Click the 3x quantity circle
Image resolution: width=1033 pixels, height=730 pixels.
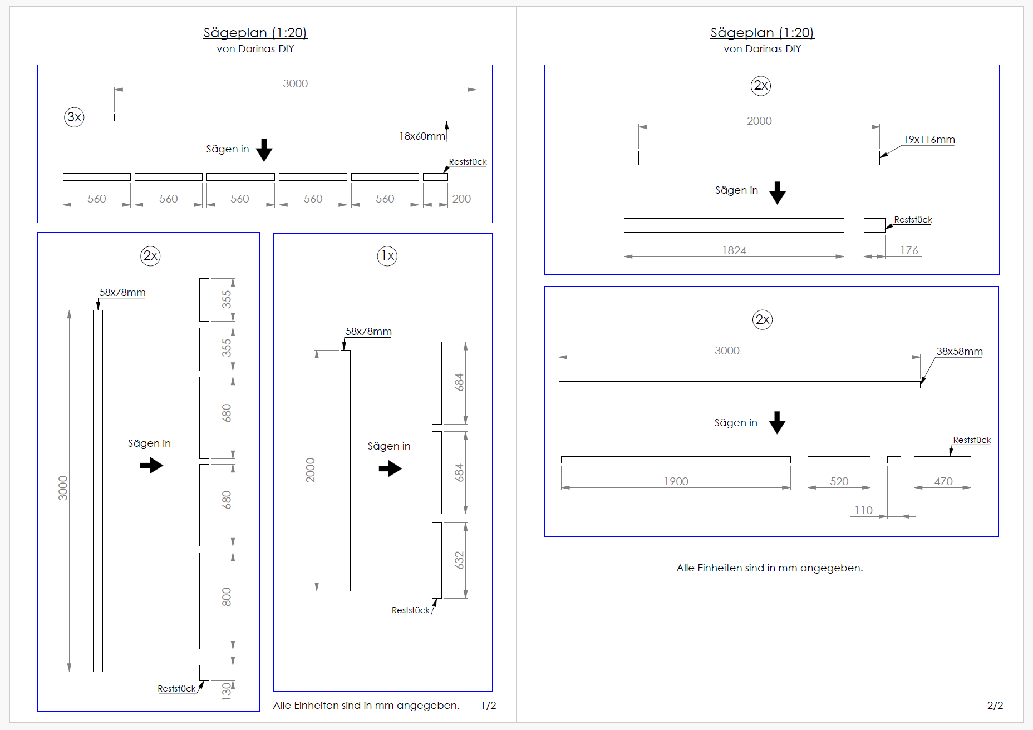pyautogui.click(x=74, y=117)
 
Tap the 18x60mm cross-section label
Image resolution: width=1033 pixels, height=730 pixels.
pyautogui.click(x=422, y=136)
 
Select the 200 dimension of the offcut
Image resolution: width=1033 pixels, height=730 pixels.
pyautogui.click(x=461, y=199)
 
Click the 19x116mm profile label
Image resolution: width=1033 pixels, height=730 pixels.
pyautogui.click(x=929, y=140)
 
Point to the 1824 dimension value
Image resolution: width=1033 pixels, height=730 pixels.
pyautogui.click(x=734, y=250)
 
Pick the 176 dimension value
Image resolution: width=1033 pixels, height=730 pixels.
pyautogui.click(x=909, y=250)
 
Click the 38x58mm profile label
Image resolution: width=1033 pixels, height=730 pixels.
pyautogui.click(x=959, y=352)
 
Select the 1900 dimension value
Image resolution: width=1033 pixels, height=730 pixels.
pyautogui.click(x=676, y=481)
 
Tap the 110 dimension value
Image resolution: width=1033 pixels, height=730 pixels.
pyautogui.click(x=863, y=510)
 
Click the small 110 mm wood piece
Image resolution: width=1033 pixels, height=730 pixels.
pyautogui.click(x=894, y=460)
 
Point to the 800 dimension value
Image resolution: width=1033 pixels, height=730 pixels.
pyautogui.click(x=227, y=596)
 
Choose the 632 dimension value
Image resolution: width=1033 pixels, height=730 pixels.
pyautogui.click(x=459, y=560)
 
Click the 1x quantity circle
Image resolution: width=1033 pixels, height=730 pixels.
pyautogui.click(x=387, y=256)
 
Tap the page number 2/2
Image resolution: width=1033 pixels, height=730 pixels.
pyautogui.click(x=995, y=706)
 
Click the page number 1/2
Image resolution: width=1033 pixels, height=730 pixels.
pyautogui.click(x=488, y=706)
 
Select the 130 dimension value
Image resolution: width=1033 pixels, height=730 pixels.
pyautogui.click(x=227, y=690)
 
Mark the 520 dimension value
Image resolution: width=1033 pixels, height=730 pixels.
pyautogui.click(x=839, y=481)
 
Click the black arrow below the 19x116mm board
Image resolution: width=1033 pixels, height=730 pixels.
pyautogui.click(x=778, y=193)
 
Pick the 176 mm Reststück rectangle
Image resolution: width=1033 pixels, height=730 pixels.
pyautogui.click(x=874, y=225)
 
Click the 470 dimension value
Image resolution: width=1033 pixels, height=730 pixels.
pyautogui.click(x=943, y=481)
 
